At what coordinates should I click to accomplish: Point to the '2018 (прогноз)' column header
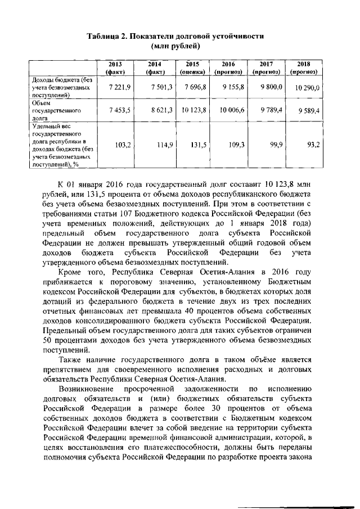coord(304,69)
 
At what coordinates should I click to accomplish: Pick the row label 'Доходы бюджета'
coord(62,88)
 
